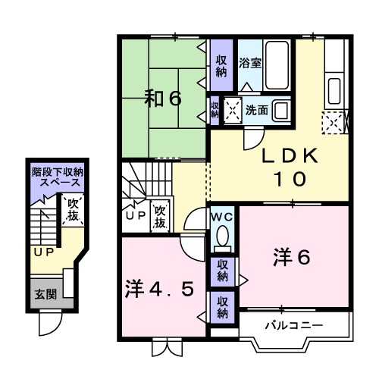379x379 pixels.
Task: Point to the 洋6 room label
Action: click(293, 258)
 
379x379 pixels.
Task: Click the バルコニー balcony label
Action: click(293, 325)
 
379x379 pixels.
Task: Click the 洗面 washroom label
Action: click(256, 110)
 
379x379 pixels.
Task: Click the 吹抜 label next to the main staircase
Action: click(161, 217)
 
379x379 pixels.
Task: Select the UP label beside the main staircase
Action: click(134, 216)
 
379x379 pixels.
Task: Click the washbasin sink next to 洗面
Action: click(280, 111)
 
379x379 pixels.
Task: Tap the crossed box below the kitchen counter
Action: click(334, 121)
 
